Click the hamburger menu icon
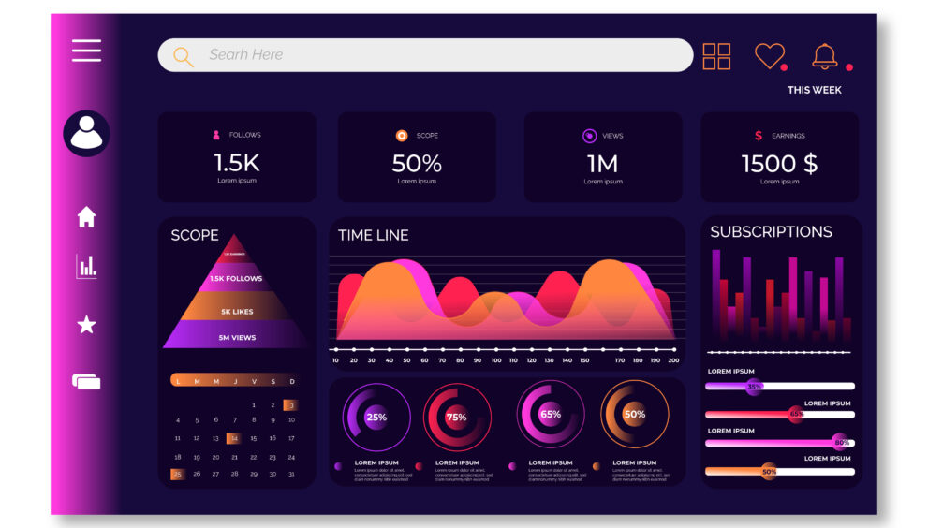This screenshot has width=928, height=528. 86,51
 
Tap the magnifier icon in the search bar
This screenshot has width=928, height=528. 183,56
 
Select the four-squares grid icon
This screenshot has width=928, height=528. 716,56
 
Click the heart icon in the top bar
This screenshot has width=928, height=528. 769,55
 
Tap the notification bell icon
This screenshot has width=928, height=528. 825,56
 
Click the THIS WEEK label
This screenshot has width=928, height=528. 814,90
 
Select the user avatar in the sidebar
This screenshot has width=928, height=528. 86,133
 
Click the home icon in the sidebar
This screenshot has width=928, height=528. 86,217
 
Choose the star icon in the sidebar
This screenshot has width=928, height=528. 86,325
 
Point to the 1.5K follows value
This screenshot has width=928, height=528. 236,163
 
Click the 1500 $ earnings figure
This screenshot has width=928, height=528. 779,163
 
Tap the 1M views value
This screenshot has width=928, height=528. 602,163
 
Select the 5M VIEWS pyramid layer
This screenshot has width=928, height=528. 237,337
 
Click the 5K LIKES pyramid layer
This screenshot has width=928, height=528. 237,311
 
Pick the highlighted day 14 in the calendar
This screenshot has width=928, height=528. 233,438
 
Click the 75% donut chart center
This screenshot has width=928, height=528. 457,417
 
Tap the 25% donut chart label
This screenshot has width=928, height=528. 376,418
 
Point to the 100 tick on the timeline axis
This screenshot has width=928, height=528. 495,360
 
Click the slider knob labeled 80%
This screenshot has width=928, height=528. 841,442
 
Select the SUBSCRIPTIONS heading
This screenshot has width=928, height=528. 771,231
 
